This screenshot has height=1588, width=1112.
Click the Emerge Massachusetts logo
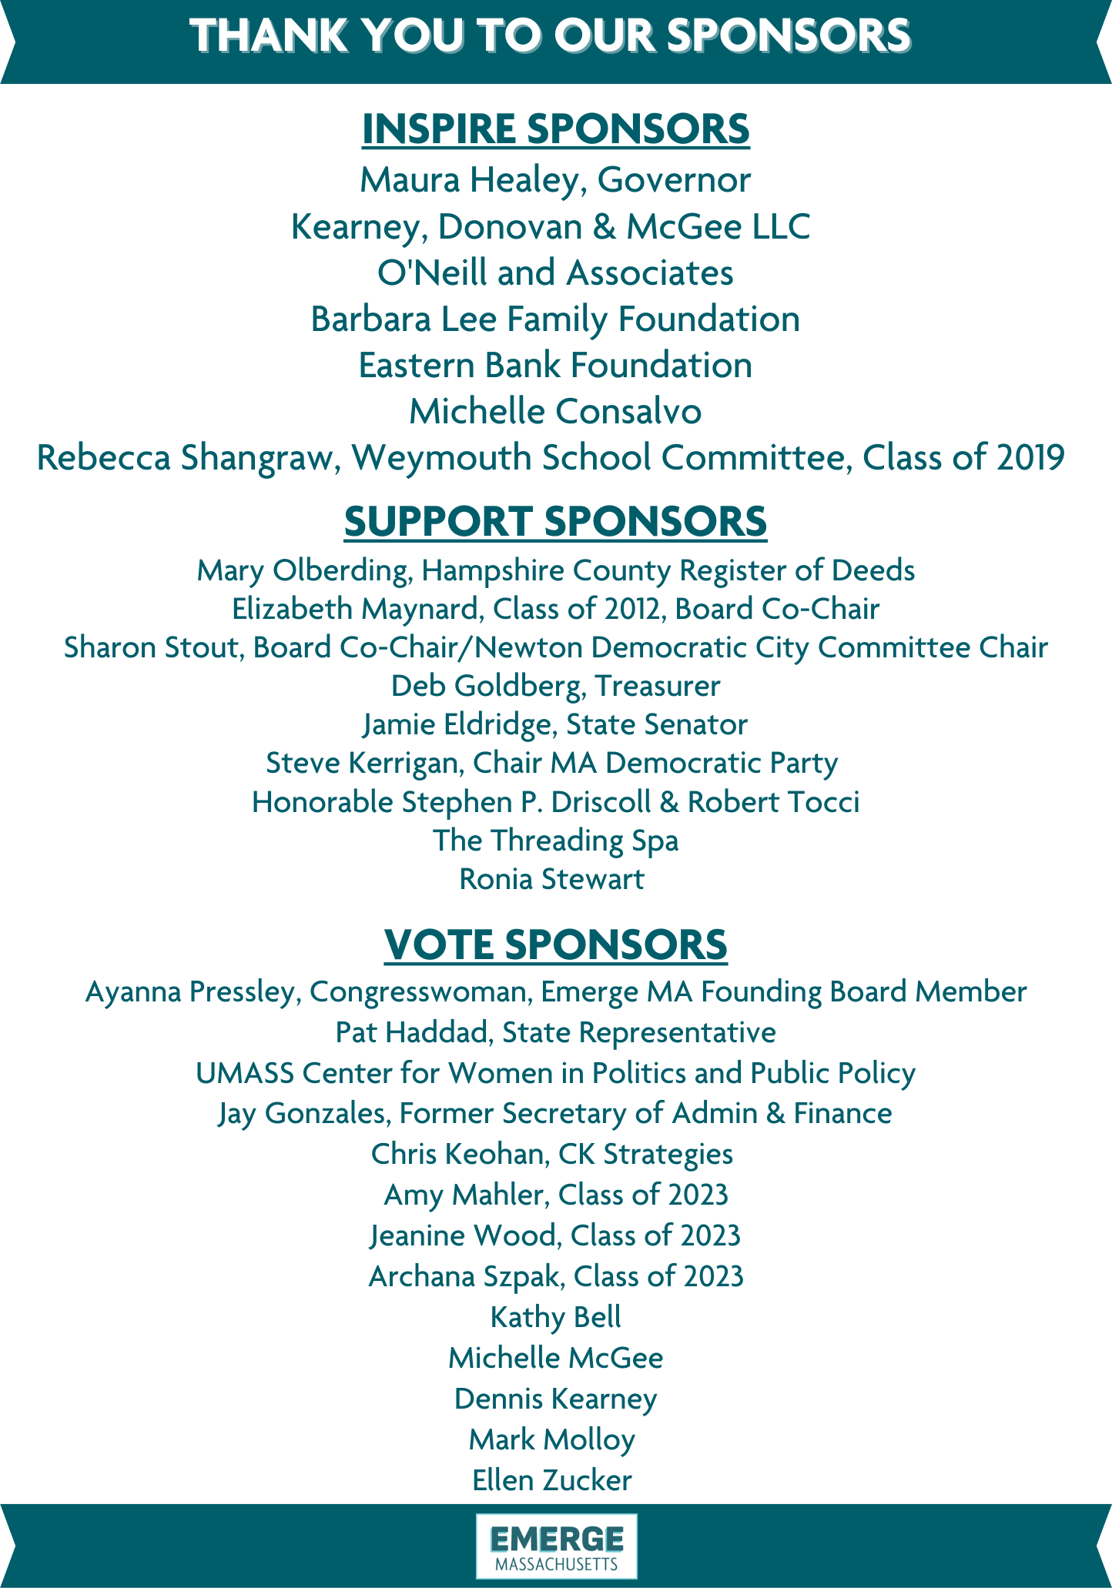pyautogui.click(x=556, y=1546)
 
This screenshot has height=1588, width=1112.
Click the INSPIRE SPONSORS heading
pyautogui.click(x=555, y=129)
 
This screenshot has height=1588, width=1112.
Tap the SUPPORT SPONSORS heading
pyautogui.click(x=555, y=521)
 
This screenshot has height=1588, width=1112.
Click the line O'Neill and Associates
pyautogui.click(x=555, y=272)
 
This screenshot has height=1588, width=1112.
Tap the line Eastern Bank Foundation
pyautogui.click(x=555, y=365)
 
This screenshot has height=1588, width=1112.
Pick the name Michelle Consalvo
pyautogui.click(x=555, y=411)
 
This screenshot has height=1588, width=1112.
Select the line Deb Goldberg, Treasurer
pyautogui.click(x=555, y=686)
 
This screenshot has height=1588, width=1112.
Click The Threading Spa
pyautogui.click(x=555, y=840)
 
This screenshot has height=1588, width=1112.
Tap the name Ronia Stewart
pyautogui.click(x=551, y=879)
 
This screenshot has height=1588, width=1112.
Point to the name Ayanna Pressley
pyautogui.click(x=189, y=991)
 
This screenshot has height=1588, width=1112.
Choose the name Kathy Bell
pyautogui.click(x=555, y=1317)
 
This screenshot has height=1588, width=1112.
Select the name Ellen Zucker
pyautogui.click(x=551, y=1480)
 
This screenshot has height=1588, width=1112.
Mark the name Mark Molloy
pyautogui.click(x=551, y=1439)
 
